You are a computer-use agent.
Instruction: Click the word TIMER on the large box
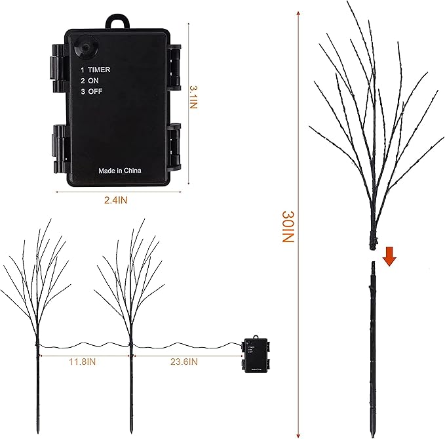(x=99, y=69)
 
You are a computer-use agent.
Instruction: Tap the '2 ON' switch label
(x=89, y=81)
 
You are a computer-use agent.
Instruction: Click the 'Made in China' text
(x=119, y=171)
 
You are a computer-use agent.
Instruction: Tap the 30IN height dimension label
(x=286, y=227)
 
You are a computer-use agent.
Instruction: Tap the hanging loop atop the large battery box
(x=119, y=20)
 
